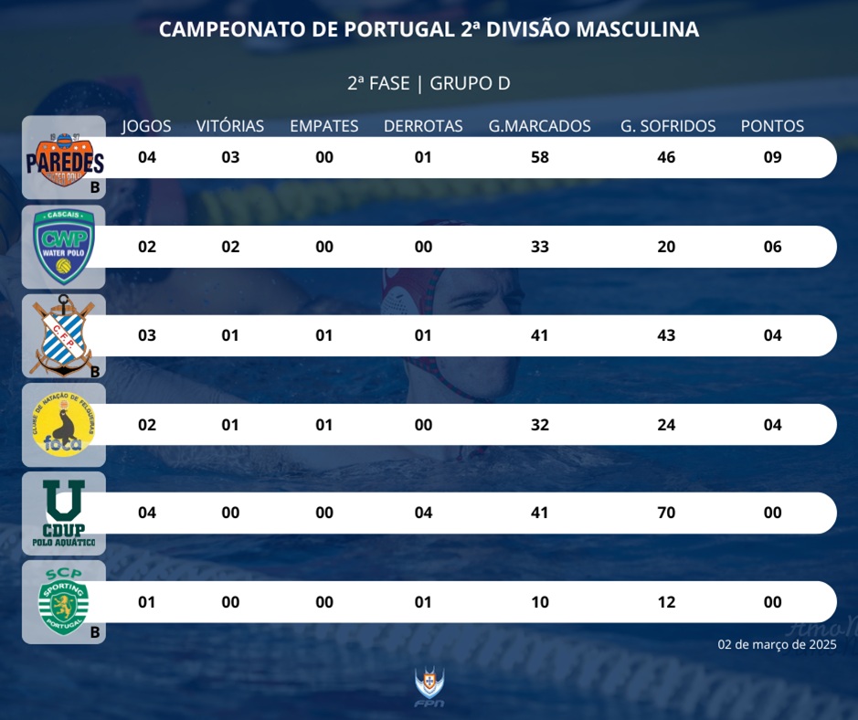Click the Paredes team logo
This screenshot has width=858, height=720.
click(x=64, y=158)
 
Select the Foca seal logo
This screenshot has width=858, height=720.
click(x=64, y=425)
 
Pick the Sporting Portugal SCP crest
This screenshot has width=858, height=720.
click(x=64, y=600)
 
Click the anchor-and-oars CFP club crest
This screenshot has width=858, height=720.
click(x=64, y=336)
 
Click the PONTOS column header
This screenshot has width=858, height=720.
click(x=772, y=126)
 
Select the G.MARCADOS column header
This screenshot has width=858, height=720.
click(x=539, y=126)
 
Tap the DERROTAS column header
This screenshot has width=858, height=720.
click(x=423, y=126)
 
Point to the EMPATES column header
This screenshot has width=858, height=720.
click(x=324, y=126)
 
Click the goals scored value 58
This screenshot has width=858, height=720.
click(x=539, y=157)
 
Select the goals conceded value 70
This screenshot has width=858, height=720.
click(x=666, y=513)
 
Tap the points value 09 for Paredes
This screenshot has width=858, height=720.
click(x=772, y=157)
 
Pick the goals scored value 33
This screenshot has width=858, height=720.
click(x=539, y=247)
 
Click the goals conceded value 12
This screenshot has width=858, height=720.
click(x=666, y=602)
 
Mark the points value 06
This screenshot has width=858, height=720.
click(x=772, y=247)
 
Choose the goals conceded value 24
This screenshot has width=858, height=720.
click(x=666, y=424)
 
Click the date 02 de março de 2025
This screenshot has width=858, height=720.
click(x=777, y=644)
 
